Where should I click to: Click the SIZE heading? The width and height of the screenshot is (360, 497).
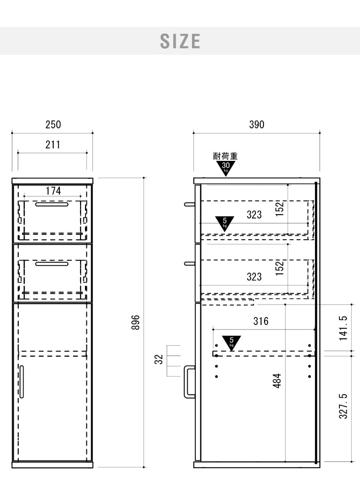[180, 41]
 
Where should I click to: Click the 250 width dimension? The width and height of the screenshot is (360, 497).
[53, 124]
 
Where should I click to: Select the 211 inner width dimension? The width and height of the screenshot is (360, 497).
[53, 145]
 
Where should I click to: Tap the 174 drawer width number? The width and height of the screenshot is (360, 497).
[53, 191]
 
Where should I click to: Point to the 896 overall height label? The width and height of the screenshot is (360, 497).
[135, 322]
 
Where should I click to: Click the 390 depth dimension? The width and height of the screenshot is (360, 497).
[256, 124]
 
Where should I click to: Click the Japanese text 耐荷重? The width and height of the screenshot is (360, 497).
[225, 156]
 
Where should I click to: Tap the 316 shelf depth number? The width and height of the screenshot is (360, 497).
[261, 321]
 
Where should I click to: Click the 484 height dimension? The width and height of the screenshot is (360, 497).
[276, 380]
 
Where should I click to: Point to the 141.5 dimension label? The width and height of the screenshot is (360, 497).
[343, 328]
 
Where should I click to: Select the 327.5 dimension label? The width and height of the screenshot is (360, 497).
[343, 406]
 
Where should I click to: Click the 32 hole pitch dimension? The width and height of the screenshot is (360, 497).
[158, 359]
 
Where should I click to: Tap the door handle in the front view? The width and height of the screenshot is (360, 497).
[22, 382]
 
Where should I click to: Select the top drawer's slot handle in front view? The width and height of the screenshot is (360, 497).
[52, 204]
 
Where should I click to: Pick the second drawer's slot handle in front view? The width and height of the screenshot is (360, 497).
[52, 264]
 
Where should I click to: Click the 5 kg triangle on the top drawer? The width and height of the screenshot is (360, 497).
[225, 222]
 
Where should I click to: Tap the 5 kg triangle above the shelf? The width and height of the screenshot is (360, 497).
[231, 342]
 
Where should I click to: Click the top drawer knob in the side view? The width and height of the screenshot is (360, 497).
[189, 205]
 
